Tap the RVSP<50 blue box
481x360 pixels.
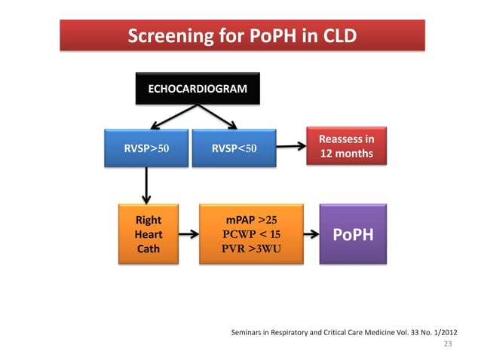234,148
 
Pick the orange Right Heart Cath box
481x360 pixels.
148,234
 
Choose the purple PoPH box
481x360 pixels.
353,235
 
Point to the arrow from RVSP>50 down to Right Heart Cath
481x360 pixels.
146,185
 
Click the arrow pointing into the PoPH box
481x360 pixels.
311,235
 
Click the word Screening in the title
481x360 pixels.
164,36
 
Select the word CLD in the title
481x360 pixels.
336,36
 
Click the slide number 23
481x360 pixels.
448,344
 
